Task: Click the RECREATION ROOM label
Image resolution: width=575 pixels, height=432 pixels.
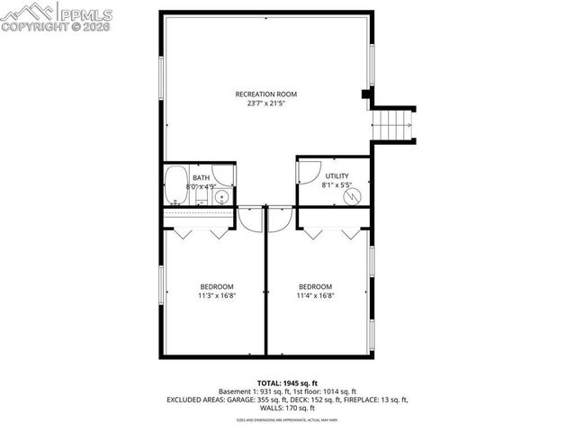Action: pos(265,94)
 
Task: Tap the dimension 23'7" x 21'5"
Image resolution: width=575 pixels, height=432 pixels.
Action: pos(265,103)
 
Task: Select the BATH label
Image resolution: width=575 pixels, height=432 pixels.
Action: pos(201,178)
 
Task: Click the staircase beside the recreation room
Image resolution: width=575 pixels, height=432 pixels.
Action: pos(395,124)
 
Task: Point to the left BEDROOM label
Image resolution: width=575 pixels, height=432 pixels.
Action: pos(214,286)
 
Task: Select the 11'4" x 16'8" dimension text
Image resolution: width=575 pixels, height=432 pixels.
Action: pos(316,295)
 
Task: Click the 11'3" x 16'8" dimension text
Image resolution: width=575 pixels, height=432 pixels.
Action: pos(214,295)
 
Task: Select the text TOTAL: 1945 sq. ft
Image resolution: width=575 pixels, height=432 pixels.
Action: pos(287,382)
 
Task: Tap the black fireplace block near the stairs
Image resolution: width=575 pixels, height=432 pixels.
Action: pos(365,93)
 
